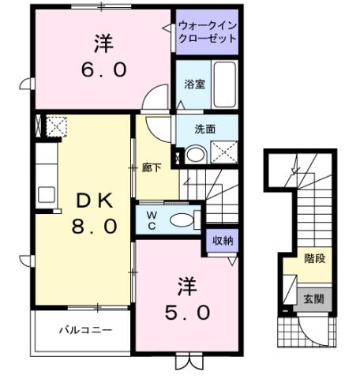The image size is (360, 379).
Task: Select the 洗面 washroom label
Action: pyautogui.click(x=206, y=129)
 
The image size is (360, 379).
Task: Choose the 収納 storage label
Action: pyautogui.click(x=222, y=241)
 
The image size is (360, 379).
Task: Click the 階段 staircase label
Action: pyautogui.click(x=315, y=258)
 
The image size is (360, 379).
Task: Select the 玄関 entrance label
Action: pyautogui.click(x=313, y=299)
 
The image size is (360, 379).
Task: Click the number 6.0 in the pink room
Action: pyautogui.click(x=103, y=69)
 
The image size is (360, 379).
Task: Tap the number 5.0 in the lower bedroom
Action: pyautogui.click(x=187, y=312)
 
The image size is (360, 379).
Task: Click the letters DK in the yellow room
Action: pyautogui.click(x=92, y=201)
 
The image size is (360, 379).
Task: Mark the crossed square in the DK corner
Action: pyautogui.click(x=56, y=126)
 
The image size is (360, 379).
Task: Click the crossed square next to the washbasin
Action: pyautogui.click(x=224, y=152)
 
